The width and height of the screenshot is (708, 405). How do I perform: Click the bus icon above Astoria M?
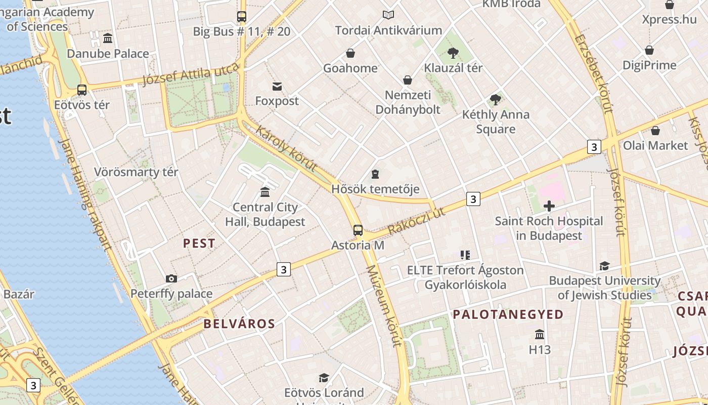[358, 230]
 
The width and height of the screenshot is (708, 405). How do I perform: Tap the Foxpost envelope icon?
[277, 86]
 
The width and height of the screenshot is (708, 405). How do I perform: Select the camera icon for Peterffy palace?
[171, 278]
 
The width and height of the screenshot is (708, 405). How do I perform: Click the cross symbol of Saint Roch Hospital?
[549, 206]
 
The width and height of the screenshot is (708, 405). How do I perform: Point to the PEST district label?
[199, 244]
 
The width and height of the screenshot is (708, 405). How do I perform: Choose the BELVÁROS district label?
[239, 324]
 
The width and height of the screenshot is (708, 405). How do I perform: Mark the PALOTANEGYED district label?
[508, 315]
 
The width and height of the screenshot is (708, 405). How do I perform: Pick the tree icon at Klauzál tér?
[453, 53]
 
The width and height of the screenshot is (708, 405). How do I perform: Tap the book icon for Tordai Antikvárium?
[388, 15]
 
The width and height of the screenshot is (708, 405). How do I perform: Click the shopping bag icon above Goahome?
[350, 53]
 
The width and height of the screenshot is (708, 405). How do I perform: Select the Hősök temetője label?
[375, 189]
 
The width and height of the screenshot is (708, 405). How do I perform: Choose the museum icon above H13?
[540, 335]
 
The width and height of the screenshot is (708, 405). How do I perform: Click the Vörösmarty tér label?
[136, 172]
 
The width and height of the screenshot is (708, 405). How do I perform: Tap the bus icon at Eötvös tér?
[82, 90]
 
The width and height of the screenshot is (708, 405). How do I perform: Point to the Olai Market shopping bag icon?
[655, 131]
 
